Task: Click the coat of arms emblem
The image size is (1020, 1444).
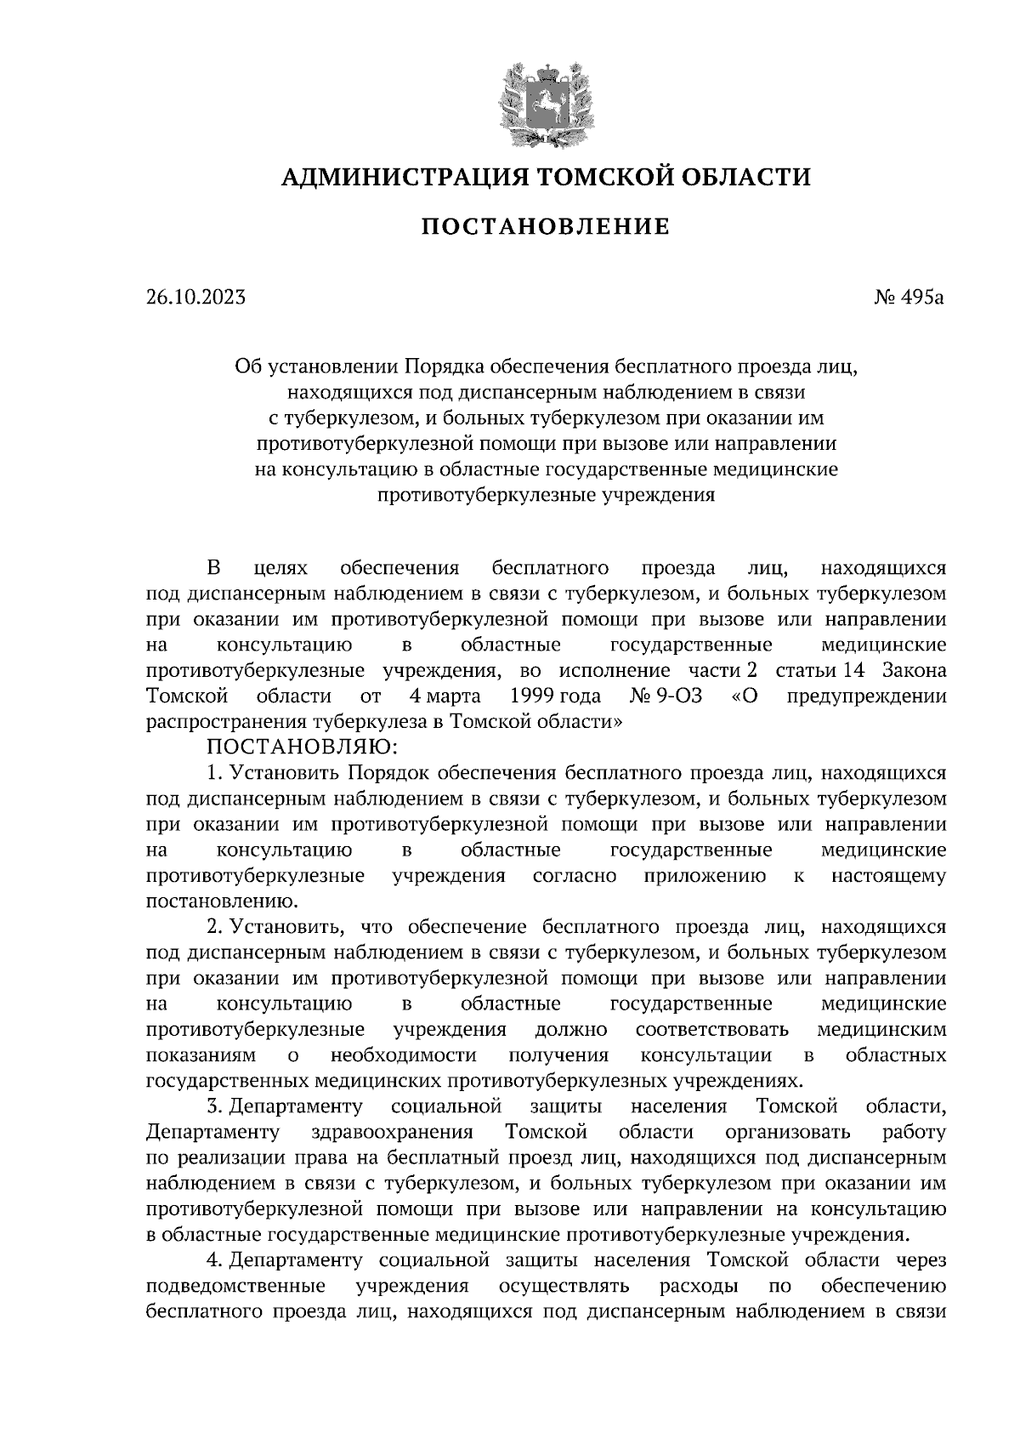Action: click(x=545, y=99)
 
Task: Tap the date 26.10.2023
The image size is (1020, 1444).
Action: click(x=195, y=298)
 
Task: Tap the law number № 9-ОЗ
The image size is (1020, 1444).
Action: click(x=666, y=696)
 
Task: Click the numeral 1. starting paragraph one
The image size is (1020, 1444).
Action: click(x=213, y=773)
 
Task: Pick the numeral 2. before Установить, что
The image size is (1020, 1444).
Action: click(x=213, y=927)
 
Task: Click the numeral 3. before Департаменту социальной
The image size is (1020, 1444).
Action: click(x=213, y=1106)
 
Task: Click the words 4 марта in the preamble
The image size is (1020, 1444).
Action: click(x=445, y=696)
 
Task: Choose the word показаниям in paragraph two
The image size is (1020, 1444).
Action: click(x=201, y=1055)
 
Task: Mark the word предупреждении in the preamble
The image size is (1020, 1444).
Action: click(x=866, y=696)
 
